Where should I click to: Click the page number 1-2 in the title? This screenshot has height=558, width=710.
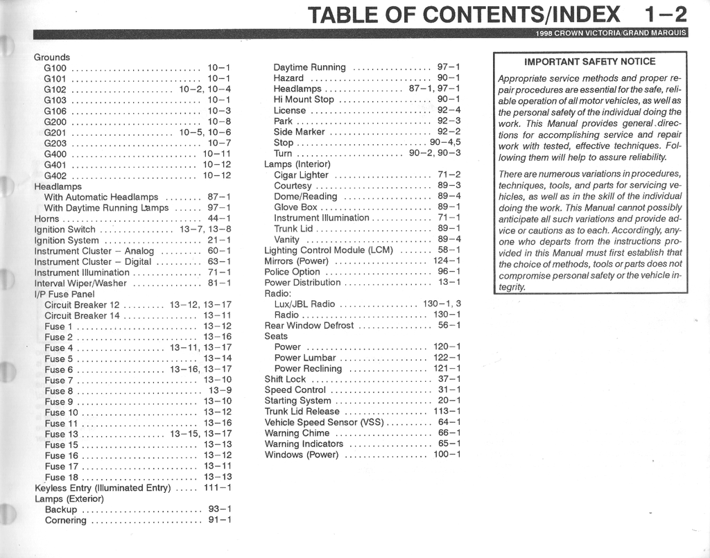coord(665,14)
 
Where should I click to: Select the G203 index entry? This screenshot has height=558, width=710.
coord(55,143)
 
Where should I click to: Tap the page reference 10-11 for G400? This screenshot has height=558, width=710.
coord(216,154)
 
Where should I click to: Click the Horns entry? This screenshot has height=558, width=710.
coord(46,218)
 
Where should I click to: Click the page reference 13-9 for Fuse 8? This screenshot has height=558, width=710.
coord(220,390)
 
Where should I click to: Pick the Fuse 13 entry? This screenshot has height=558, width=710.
coord(61,434)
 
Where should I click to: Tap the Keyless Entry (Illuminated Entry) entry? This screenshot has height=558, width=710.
coord(103,487)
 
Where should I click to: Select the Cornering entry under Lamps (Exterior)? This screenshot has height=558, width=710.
coord(65,520)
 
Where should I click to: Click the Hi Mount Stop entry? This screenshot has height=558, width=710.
coord(304,99)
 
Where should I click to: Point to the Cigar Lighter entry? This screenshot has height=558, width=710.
coord(301,175)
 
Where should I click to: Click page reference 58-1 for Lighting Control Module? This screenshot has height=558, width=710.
coord(449,250)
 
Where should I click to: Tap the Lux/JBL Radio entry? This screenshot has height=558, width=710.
coord(304,304)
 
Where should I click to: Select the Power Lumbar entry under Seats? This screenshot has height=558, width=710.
coord(304,358)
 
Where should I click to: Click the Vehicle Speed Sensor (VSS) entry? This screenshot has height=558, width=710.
coord(324,422)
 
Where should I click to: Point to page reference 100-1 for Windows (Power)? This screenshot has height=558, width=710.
coord(447,455)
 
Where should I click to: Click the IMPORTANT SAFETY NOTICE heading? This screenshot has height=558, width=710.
coord(590,62)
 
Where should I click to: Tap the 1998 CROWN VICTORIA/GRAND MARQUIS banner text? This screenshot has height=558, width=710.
coord(610,33)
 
